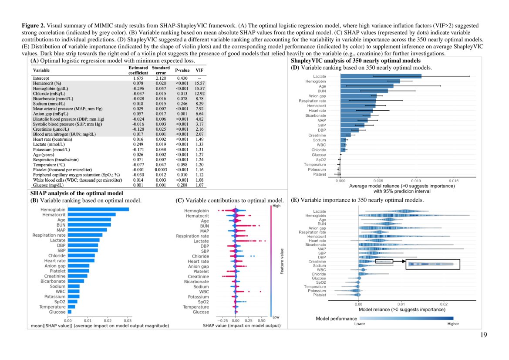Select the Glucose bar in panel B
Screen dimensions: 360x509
(69, 312)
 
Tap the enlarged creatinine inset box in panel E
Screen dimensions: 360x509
(432, 264)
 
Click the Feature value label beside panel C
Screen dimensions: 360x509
(282, 261)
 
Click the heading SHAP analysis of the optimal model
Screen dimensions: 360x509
(76, 193)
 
